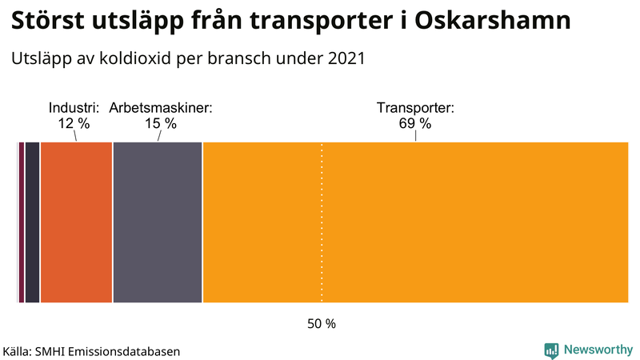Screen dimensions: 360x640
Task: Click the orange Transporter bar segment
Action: click(x=416, y=222)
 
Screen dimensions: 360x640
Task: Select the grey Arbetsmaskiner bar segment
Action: click(x=158, y=222)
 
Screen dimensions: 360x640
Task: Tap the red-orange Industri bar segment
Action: click(x=76, y=222)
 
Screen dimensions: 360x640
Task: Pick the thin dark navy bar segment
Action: click(x=32, y=222)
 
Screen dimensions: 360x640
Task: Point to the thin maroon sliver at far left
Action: click(x=21, y=222)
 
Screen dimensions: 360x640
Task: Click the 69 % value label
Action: click(x=414, y=123)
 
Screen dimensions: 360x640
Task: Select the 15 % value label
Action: click(x=160, y=123)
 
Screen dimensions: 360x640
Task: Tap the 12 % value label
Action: click(x=74, y=123)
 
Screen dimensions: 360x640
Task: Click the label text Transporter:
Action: click(x=415, y=107)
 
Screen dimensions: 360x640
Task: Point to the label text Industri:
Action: click(x=74, y=107)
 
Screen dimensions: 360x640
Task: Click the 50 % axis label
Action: click(x=322, y=324)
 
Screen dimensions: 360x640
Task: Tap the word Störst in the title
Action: click(x=49, y=22)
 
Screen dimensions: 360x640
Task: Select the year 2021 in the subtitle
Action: click(x=346, y=58)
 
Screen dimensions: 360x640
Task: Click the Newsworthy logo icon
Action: click(x=551, y=350)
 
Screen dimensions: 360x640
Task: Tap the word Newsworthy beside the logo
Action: click(x=597, y=350)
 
